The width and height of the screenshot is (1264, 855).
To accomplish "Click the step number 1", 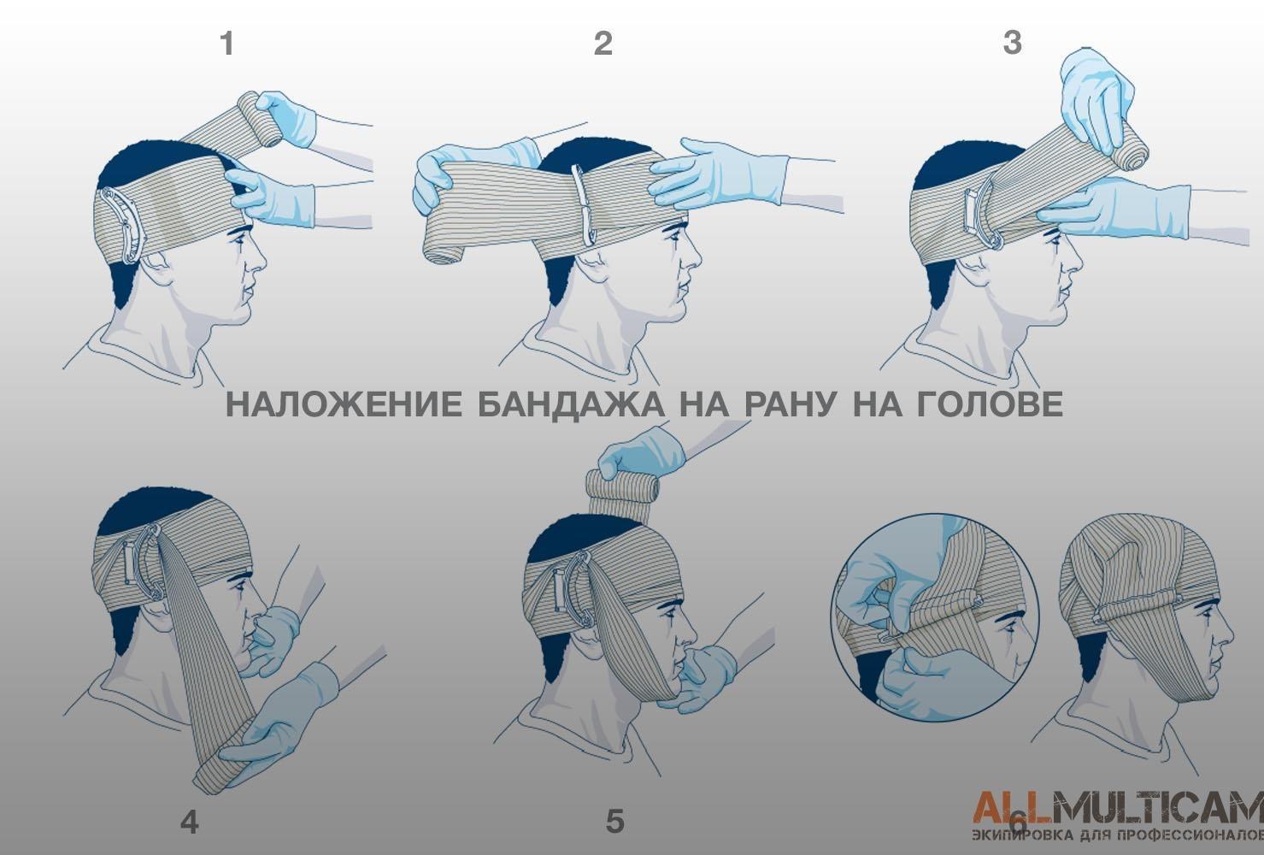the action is [226, 44].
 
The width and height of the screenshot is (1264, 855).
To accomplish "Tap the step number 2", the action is [603, 44].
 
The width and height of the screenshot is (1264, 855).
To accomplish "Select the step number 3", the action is [1013, 43].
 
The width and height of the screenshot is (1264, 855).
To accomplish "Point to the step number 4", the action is [190, 823].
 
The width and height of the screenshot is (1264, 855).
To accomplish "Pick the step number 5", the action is [615, 821].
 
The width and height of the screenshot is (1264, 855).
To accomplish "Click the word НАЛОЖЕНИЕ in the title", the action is [344, 404].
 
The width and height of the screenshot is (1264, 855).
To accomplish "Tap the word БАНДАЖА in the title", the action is [571, 404].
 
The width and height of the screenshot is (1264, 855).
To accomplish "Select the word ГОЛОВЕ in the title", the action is [990, 404].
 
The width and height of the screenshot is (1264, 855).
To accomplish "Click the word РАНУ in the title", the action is [790, 404].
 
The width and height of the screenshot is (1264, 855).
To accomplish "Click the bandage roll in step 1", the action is [262, 119].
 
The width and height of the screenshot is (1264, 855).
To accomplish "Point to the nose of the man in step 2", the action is [693, 256].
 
